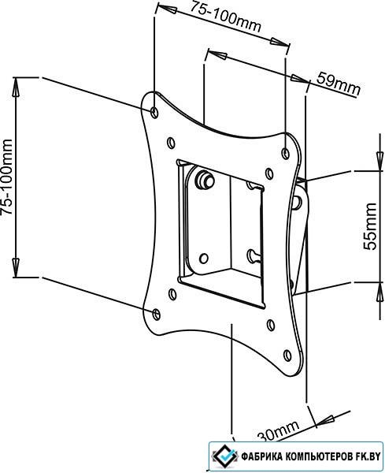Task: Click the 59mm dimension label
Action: click(339, 84)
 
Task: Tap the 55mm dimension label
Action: click(370, 226)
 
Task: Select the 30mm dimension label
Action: click(279, 432)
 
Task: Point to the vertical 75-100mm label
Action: click(6, 177)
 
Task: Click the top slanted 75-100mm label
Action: click(224, 17)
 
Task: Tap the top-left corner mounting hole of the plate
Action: click(154, 112)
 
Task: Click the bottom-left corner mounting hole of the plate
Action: click(156, 314)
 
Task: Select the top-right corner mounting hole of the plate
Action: click(285, 154)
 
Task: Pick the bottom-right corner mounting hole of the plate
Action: click(287, 356)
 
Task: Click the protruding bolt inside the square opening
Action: click(205, 180)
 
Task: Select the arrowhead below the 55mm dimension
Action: click(379, 292)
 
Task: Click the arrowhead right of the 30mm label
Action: click(326, 421)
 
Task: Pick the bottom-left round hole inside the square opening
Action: click(204, 259)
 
